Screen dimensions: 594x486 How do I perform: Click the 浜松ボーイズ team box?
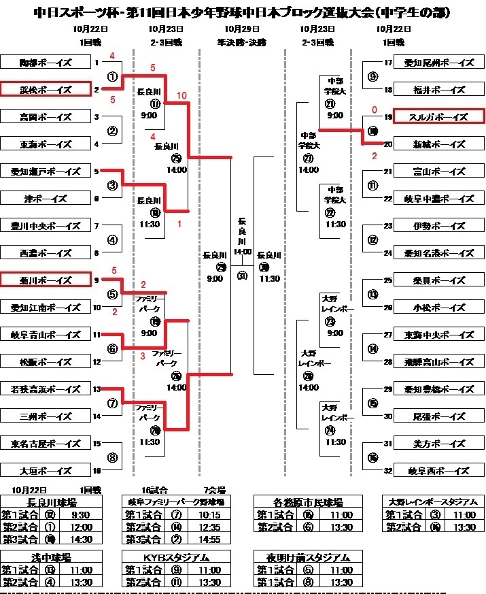[x=45, y=89]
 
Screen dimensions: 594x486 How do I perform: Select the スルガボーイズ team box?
[x=438, y=116]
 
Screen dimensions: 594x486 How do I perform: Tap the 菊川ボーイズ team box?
[x=45, y=279]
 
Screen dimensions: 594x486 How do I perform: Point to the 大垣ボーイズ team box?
[x=45, y=469]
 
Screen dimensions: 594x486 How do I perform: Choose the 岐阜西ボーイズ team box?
[x=438, y=471]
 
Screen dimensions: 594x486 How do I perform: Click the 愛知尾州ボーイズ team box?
[x=438, y=63]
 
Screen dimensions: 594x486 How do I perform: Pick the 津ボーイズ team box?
[x=45, y=198]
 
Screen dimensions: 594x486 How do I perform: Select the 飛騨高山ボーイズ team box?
[x=438, y=362]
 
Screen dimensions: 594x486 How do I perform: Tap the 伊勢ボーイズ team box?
[x=438, y=226]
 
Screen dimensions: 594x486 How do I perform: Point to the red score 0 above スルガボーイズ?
[x=374, y=109]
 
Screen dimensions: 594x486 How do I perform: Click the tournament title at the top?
[x=243, y=13]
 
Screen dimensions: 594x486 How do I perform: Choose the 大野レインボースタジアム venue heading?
[x=432, y=502]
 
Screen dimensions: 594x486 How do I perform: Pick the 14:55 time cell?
[x=209, y=540]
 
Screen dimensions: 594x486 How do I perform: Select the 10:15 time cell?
[x=209, y=514]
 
